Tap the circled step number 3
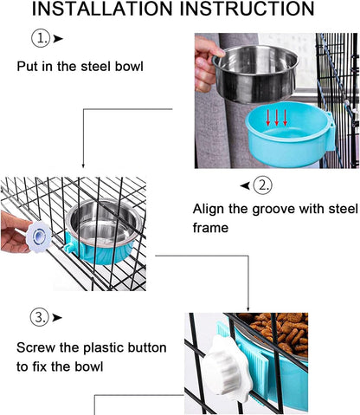click(x=39, y=318)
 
